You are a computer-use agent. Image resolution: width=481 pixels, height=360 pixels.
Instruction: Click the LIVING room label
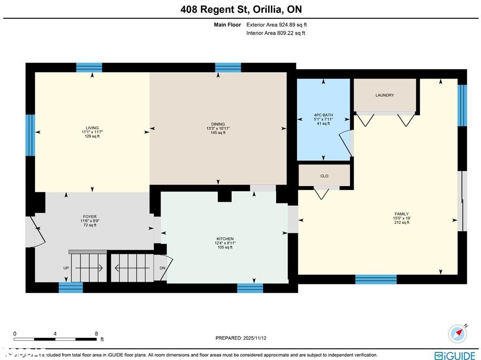click(92, 128)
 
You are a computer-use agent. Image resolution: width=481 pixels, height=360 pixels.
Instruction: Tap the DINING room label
click(218, 125)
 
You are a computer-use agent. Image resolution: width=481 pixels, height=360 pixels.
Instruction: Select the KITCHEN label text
click(224, 239)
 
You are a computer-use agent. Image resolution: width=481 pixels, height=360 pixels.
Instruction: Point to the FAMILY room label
click(401, 214)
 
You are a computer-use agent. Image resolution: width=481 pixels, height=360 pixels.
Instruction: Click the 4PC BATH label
click(323, 115)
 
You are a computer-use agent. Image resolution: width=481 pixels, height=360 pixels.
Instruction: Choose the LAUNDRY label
click(385, 95)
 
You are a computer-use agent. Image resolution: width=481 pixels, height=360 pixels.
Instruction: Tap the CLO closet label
click(324, 176)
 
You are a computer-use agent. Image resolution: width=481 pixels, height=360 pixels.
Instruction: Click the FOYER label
click(90, 217)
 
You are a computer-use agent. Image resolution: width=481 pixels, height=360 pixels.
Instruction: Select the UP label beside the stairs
click(66, 268)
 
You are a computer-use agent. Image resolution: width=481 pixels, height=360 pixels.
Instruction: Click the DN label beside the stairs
click(163, 268)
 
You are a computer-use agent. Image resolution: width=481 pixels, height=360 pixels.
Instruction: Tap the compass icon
click(458, 333)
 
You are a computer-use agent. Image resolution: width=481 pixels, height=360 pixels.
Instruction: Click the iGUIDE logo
click(454, 356)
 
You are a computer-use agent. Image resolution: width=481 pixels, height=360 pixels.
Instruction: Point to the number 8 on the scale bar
click(96, 334)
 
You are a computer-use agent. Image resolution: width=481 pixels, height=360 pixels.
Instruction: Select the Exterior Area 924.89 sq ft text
click(277, 25)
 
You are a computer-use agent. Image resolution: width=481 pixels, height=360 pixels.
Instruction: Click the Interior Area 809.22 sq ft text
click(276, 33)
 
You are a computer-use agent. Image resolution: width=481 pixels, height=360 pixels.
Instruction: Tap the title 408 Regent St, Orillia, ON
click(241, 9)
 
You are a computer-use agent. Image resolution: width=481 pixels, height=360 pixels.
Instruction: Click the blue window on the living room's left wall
click(30, 135)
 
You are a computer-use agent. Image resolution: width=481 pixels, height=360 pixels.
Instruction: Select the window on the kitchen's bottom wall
click(250, 288)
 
